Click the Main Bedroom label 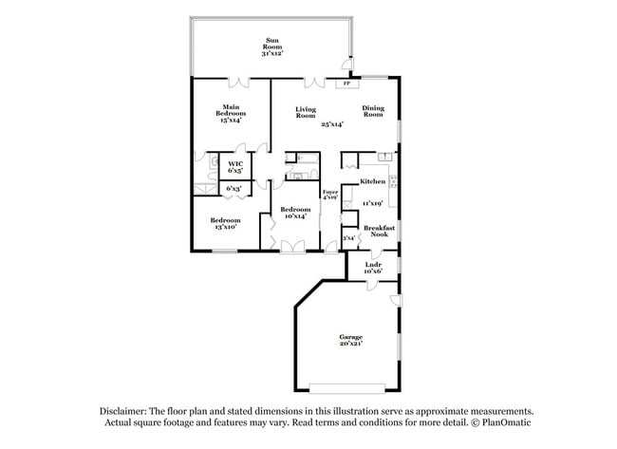tap(230, 109)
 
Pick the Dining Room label tap(373, 111)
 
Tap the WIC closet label tap(234, 163)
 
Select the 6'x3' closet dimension tap(234, 189)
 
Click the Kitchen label tap(372, 180)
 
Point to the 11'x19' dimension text tap(371, 203)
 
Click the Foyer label tap(329, 193)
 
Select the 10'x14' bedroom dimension tap(294, 215)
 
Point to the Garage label tap(351, 336)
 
